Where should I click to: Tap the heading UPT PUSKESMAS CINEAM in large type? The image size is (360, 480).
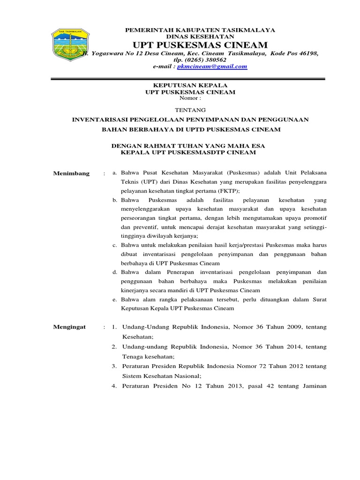click(200, 45)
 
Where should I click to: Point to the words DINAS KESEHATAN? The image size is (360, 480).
click(200, 36)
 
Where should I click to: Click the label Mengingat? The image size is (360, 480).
click(70, 327)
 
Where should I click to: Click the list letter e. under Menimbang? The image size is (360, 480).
click(115, 299)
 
